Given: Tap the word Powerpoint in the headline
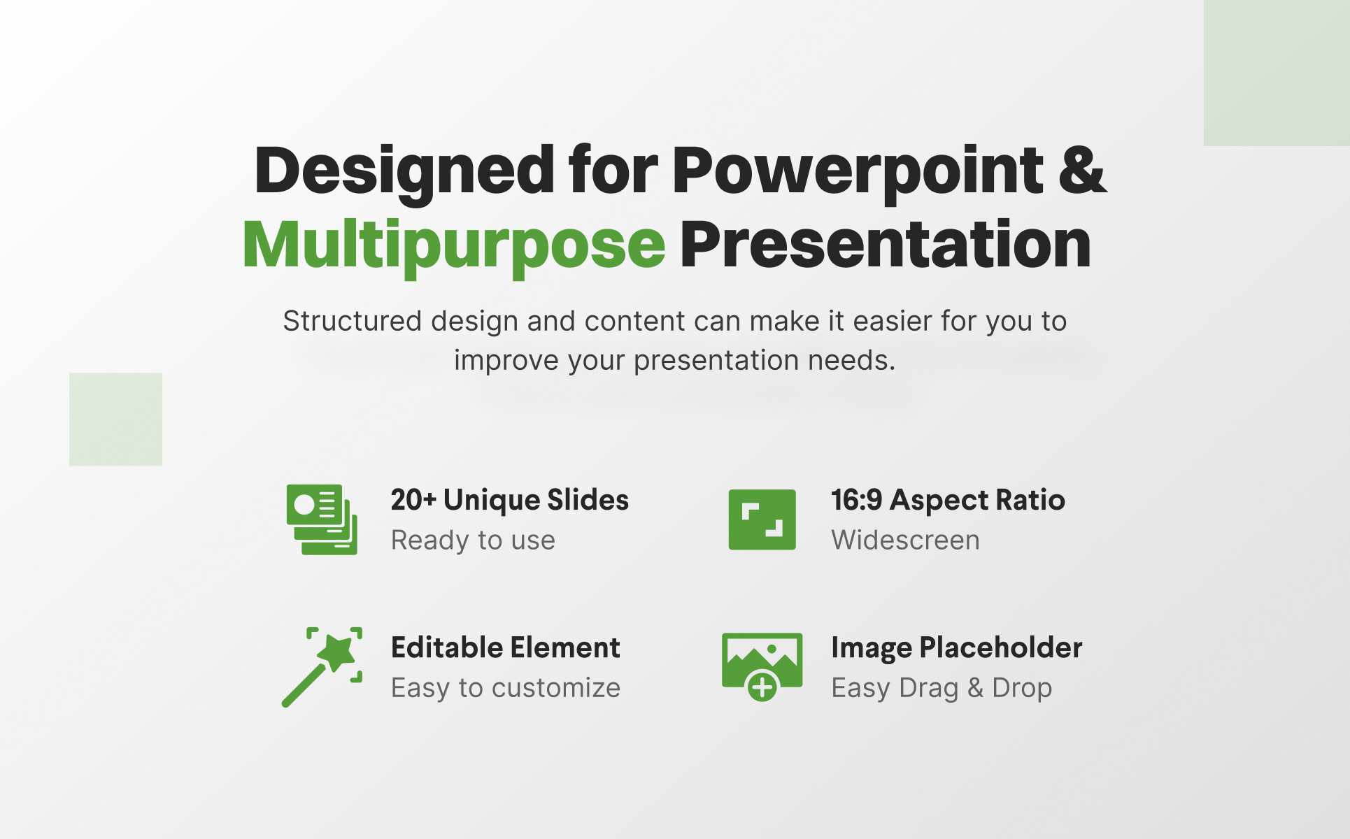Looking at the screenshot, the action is (858, 172).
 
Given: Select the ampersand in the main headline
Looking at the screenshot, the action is (1083, 169).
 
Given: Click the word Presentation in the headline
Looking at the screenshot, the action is (886, 244).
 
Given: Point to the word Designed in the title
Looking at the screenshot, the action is (404, 172).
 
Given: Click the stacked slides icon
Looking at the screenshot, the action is (322, 519).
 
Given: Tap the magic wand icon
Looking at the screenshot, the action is (322, 667).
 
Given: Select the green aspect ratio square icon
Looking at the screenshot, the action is (762, 519).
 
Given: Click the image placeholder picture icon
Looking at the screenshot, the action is (762, 666).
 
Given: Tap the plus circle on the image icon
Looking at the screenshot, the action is (762, 687).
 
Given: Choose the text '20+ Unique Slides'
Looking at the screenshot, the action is (509, 500).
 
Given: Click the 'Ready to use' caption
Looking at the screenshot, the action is (473, 540).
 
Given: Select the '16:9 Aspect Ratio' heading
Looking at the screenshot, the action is (948, 500).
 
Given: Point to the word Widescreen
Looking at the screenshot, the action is (905, 540).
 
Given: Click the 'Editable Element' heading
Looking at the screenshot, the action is (505, 647).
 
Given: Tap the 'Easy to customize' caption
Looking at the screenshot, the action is (505, 688).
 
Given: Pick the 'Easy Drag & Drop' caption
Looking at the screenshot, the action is (942, 688).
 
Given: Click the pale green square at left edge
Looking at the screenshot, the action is (115, 419).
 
